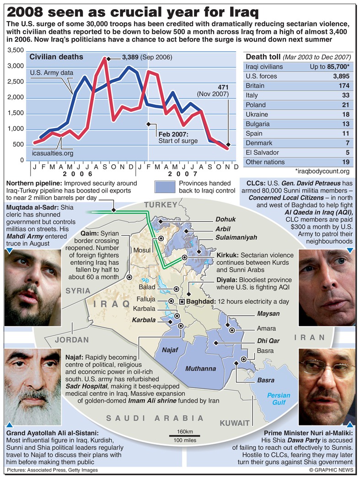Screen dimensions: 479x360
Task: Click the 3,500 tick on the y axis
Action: click(x=16, y=50)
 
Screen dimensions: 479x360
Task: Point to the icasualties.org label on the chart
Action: click(x=53, y=153)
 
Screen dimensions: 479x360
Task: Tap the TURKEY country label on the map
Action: click(x=160, y=204)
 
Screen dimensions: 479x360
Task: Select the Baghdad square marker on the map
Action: click(x=182, y=301)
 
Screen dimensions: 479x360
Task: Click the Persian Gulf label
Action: click(x=279, y=398)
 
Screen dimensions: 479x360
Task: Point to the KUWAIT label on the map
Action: click(x=234, y=423)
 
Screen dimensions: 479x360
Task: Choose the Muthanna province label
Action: click(x=200, y=369)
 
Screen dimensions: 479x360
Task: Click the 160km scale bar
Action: click(x=185, y=436)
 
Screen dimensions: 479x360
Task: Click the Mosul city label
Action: click(x=142, y=250)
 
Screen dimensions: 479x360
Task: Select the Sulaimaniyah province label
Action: click(x=236, y=237)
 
